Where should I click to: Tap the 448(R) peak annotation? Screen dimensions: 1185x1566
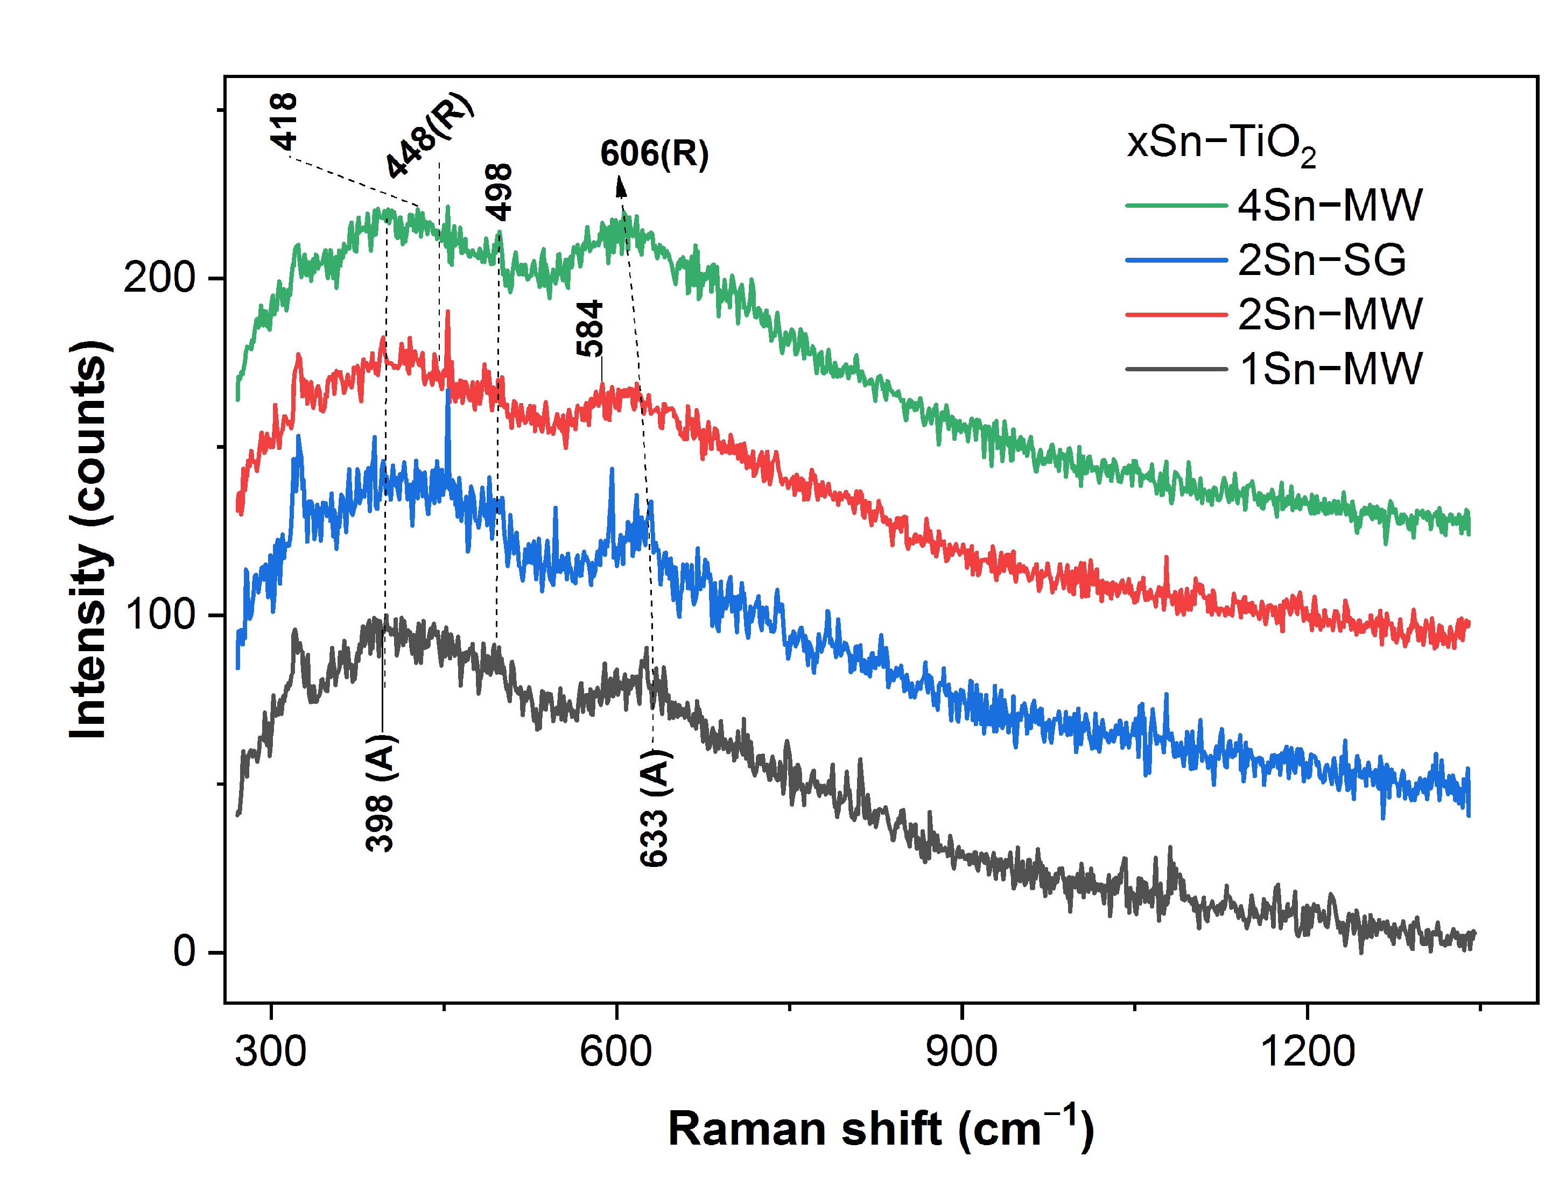[429, 135]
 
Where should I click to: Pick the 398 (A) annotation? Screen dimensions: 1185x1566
[381, 792]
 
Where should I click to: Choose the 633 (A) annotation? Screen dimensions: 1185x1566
[654, 808]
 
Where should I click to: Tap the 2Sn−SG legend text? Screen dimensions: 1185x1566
[1321, 260]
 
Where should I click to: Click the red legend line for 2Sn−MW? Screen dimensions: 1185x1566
[1176, 314]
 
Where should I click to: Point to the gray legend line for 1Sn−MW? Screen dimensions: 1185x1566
[1176, 369]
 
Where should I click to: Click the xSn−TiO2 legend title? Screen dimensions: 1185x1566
[1220, 144]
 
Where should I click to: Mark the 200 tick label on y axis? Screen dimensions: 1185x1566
[159, 278]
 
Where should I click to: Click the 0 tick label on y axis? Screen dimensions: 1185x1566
[184, 951]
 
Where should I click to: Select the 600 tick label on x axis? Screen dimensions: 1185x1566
[615, 1051]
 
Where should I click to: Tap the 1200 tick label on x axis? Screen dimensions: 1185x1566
[1307, 1051]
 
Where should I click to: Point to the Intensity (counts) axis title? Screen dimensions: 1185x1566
[90, 539]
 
